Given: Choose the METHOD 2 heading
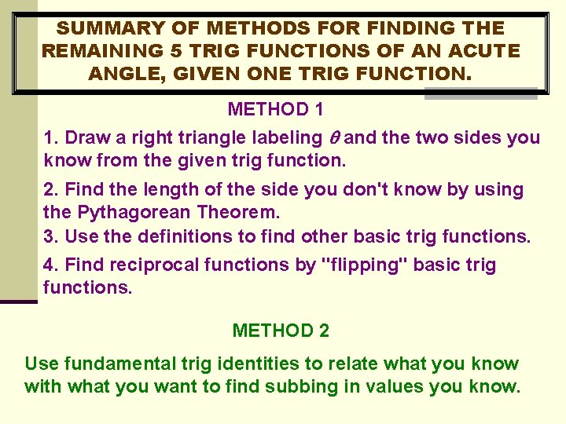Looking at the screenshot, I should coord(281,331).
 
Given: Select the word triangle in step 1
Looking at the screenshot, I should coord(210,138).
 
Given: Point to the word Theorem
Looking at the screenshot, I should coord(241,212).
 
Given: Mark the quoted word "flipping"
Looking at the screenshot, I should coord(366,265).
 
